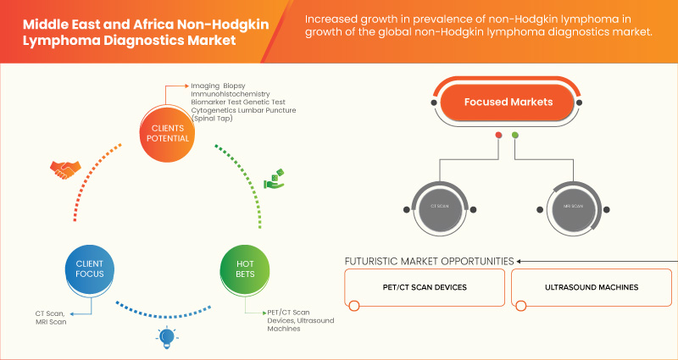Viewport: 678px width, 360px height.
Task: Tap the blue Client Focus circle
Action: click(x=84, y=269)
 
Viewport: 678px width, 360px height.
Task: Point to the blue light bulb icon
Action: click(x=166, y=337)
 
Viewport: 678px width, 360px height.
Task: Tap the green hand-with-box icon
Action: click(x=275, y=179)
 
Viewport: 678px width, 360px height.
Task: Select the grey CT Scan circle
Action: click(x=439, y=206)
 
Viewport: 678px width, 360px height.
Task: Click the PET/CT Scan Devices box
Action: click(x=424, y=288)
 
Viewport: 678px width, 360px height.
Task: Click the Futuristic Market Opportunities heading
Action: click(x=429, y=261)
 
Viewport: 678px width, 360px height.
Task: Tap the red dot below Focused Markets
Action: click(x=498, y=136)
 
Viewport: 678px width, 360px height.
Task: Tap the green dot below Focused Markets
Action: click(x=515, y=136)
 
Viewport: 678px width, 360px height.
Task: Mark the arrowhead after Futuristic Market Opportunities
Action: click(x=520, y=261)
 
